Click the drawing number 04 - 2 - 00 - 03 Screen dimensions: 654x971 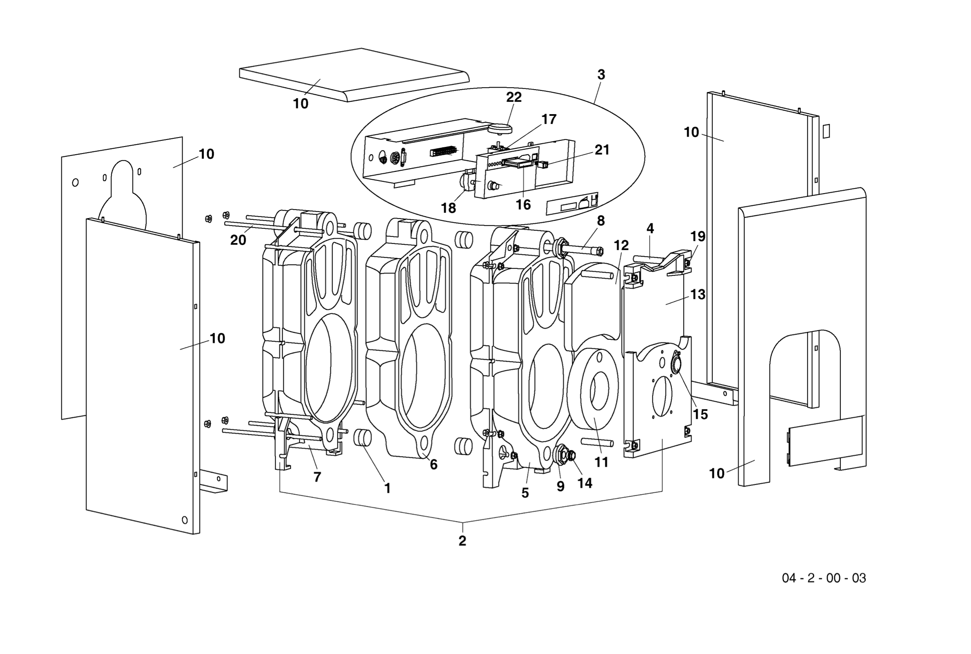[824, 578]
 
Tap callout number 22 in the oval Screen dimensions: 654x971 [513, 97]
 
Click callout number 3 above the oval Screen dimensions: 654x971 [601, 74]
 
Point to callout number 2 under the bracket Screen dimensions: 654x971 [462, 541]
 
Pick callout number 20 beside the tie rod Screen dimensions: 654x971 [238, 240]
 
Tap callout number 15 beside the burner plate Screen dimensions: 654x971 [700, 414]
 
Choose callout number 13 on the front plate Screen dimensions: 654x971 [698, 295]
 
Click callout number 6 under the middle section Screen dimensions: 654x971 [434, 465]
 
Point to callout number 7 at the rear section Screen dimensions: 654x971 [317, 477]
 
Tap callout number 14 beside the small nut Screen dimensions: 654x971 [584, 483]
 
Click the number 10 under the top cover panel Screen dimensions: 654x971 [300, 104]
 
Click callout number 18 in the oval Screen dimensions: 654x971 [448, 208]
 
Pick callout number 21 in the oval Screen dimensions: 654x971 [602, 150]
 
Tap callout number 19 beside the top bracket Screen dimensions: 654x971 [698, 237]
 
